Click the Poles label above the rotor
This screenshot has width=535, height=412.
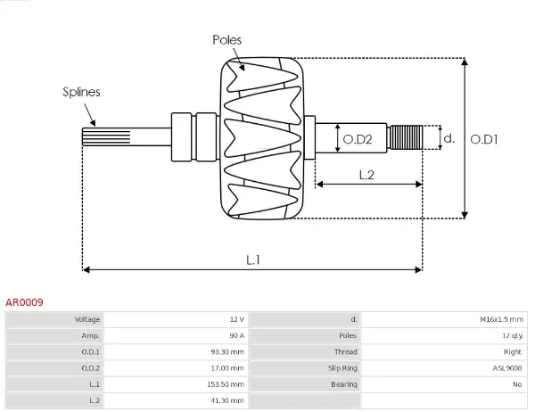(226, 40)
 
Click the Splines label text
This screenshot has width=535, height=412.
(81, 92)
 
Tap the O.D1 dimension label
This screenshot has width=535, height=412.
(483, 138)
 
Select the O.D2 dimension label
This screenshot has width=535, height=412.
(358, 138)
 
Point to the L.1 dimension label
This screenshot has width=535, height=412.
(252, 260)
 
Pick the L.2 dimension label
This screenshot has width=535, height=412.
(366, 175)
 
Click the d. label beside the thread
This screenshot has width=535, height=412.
(449, 138)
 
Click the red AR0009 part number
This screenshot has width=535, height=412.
(24, 302)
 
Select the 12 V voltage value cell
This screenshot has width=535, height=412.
(235, 319)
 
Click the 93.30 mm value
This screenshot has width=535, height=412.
(227, 352)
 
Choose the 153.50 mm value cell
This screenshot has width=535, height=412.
(226, 384)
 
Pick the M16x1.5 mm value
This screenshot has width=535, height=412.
(501, 319)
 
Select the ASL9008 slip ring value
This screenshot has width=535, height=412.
(507, 368)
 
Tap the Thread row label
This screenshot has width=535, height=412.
(346, 352)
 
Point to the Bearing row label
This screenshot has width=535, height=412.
(345, 384)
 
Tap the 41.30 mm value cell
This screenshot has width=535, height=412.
(228, 401)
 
